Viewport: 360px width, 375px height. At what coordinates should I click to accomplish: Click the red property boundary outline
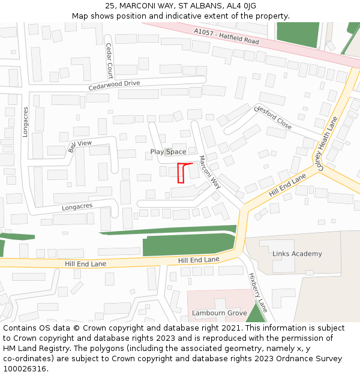point(182,172)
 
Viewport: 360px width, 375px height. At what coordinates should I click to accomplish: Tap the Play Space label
point(168,152)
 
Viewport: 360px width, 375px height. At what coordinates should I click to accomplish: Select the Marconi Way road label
point(210,173)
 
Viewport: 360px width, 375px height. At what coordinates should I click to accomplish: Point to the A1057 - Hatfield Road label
point(227,37)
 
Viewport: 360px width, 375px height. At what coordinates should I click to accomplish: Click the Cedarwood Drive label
point(114,85)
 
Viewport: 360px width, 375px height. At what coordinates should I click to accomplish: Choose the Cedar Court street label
point(109,61)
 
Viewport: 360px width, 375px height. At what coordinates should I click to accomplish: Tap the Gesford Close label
point(273,118)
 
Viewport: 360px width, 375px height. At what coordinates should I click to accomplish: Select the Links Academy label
point(297,254)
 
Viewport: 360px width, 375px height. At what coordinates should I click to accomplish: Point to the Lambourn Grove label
point(220,313)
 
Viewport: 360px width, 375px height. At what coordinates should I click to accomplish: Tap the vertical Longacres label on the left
point(25,122)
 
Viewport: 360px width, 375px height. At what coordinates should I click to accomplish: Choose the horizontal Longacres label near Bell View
point(77,207)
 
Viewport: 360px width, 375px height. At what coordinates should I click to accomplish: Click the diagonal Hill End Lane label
point(287,185)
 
